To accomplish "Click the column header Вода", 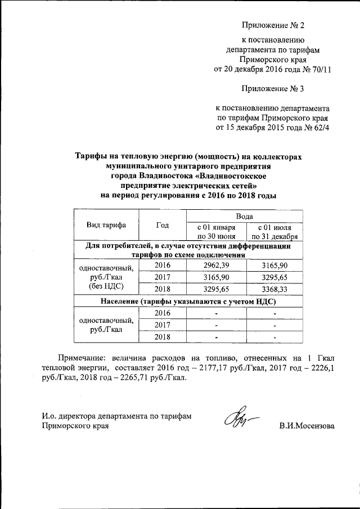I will (244, 216).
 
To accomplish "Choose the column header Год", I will (163, 225).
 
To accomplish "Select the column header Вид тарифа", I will (106, 225).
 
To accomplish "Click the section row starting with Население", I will (188, 301).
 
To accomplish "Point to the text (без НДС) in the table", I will (106, 286).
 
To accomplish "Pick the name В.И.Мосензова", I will (307, 426).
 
